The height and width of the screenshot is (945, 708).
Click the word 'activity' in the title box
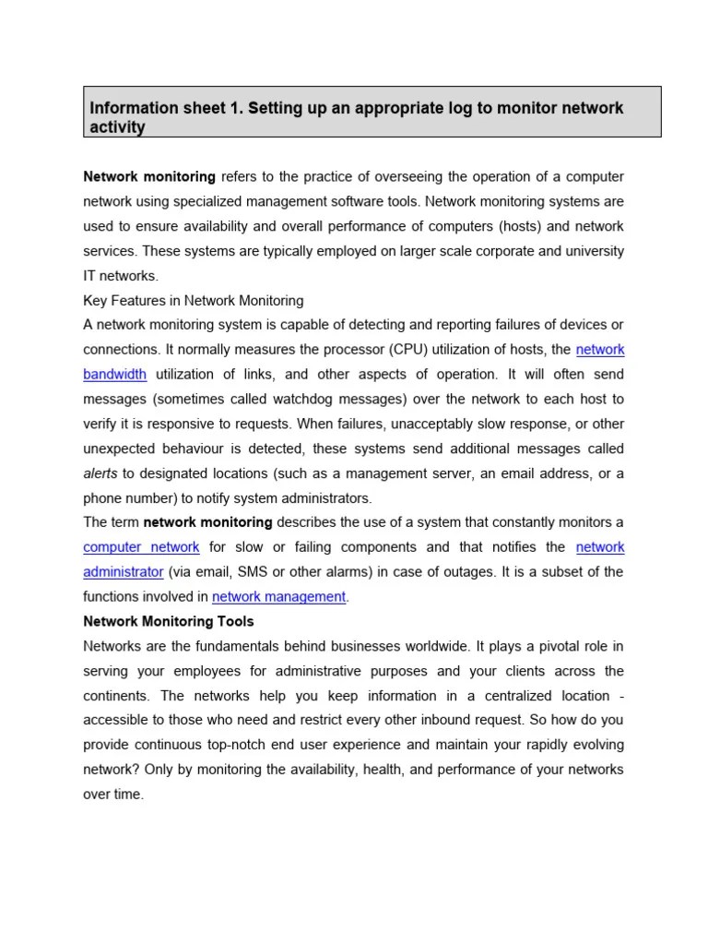pos(117,127)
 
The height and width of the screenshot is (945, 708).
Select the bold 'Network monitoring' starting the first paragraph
pos(149,176)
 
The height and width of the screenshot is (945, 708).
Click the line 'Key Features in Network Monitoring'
pos(194,301)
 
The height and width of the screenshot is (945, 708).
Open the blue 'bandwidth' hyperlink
pos(114,375)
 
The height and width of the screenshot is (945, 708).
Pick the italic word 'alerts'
pos(100,473)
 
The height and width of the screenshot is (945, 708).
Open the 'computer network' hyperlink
pos(141,547)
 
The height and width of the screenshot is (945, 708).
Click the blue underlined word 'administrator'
pos(124,572)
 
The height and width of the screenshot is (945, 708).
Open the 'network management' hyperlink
pos(278,597)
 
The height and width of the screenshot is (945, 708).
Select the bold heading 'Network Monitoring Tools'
pos(169,621)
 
